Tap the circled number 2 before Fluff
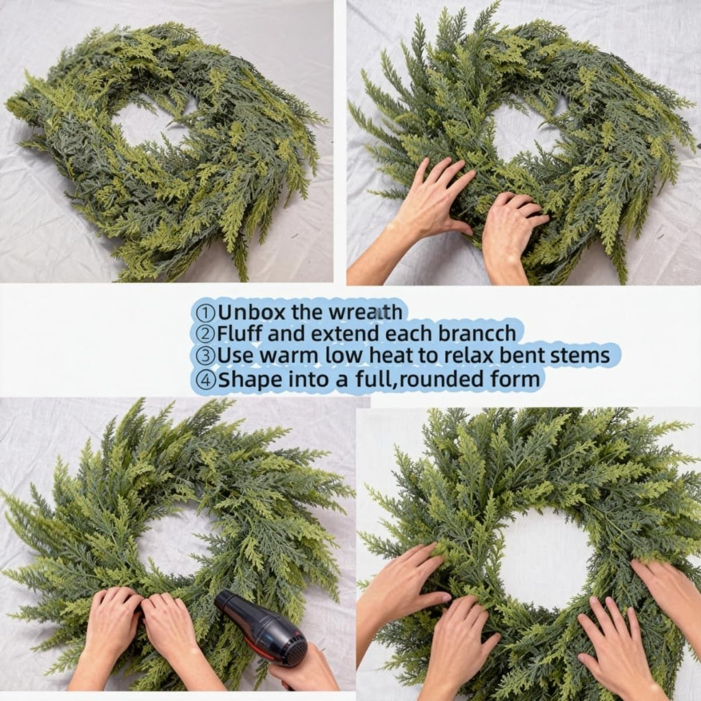coord(206,334)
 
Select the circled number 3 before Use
coord(206,356)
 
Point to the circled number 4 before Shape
coord(206,379)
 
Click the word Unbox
coord(251,312)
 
